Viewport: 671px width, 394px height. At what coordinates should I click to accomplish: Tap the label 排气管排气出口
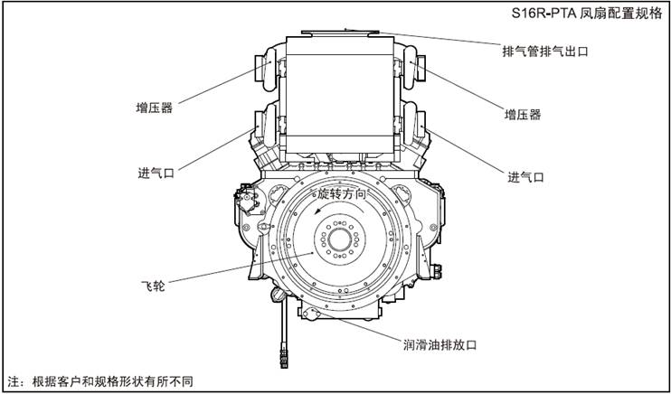tap(545, 52)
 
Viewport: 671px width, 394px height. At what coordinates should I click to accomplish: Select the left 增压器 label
tap(155, 108)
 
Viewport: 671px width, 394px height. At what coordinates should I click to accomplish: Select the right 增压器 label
tap(523, 115)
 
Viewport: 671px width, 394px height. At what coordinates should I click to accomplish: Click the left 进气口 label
tap(156, 171)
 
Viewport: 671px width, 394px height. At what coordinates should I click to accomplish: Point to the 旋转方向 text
tap(341, 194)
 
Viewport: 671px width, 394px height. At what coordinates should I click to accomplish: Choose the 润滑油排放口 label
tap(439, 345)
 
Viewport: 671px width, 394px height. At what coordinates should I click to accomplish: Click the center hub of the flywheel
tap(340, 242)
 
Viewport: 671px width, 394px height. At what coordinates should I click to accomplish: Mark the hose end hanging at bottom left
tap(285, 361)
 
